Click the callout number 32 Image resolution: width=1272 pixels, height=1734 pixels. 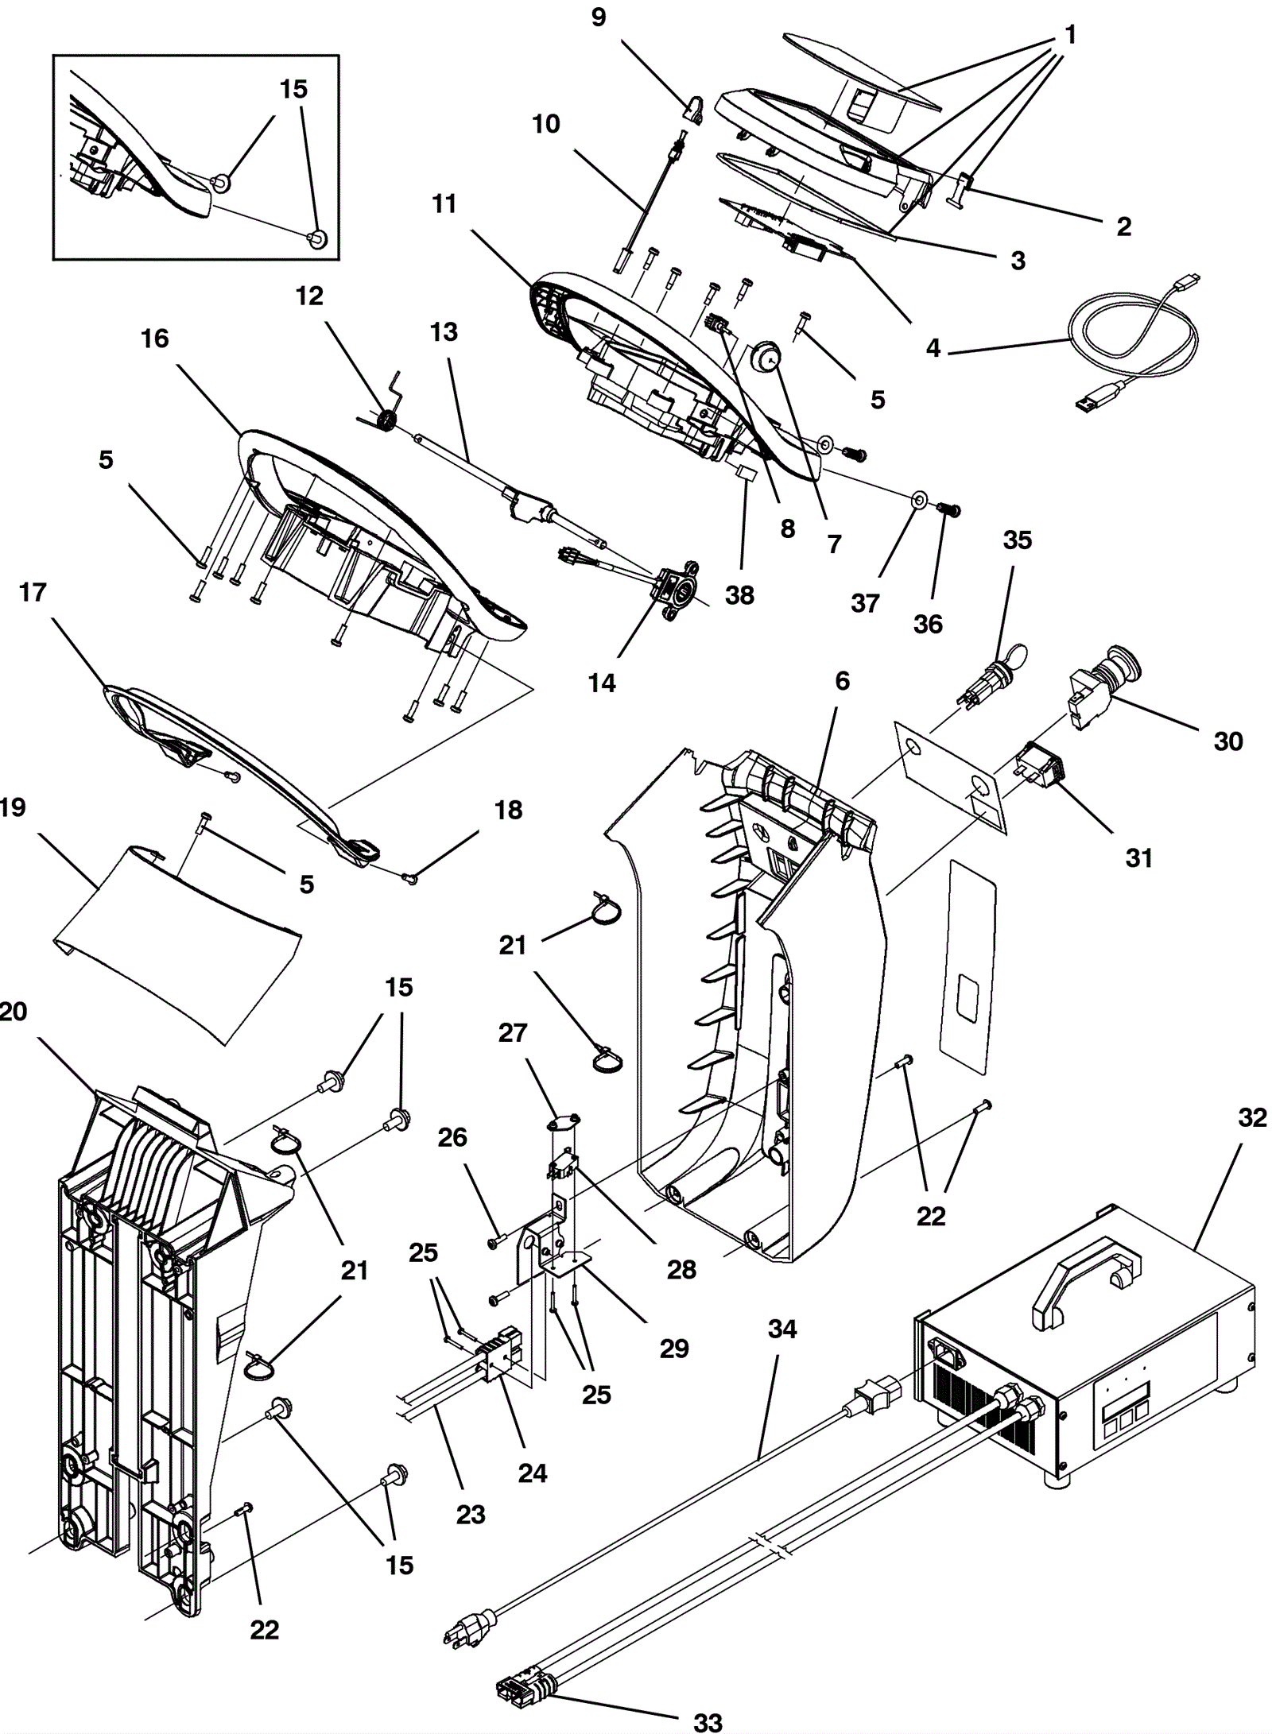1252,1117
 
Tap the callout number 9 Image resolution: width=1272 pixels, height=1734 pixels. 599,17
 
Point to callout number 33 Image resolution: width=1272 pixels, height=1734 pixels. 707,1721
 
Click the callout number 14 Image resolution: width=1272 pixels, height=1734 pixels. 602,683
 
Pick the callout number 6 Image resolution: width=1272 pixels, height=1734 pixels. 842,681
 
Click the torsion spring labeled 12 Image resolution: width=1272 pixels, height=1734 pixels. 387,420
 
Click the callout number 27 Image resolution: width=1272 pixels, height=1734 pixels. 513,1032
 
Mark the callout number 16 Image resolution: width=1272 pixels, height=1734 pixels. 155,339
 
